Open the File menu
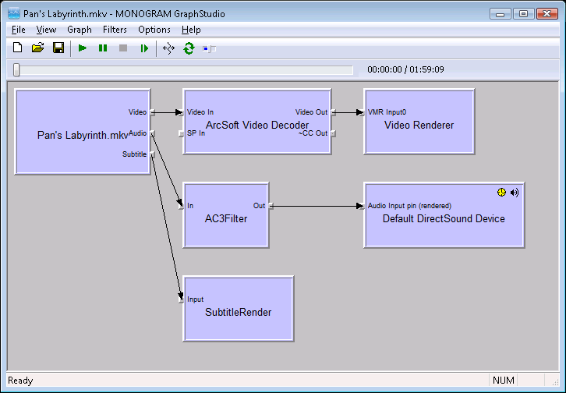pyautogui.click(x=19, y=30)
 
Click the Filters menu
pyautogui.click(x=115, y=30)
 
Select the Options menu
pyautogui.click(x=154, y=30)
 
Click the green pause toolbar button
pyautogui.click(x=103, y=48)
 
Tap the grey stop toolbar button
pyautogui.click(x=123, y=48)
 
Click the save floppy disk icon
pyautogui.click(x=58, y=48)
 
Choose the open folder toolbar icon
pyautogui.click(x=38, y=48)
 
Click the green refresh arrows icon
pyautogui.click(x=189, y=48)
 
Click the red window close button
pyautogui.click(x=547, y=14)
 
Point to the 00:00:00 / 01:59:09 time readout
pyautogui.click(x=405, y=69)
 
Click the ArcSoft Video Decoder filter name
pyautogui.click(x=257, y=126)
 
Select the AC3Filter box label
pyautogui.click(x=226, y=218)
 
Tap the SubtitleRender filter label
pyautogui.click(x=239, y=312)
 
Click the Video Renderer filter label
pyautogui.click(x=419, y=126)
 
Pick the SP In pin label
pyautogui.click(x=196, y=133)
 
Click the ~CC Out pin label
pyautogui.click(x=313, y=133)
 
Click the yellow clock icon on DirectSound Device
pyautogui.click(x=501, y=193)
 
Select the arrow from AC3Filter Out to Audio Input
pyautogui.click(x=317, y=206)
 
